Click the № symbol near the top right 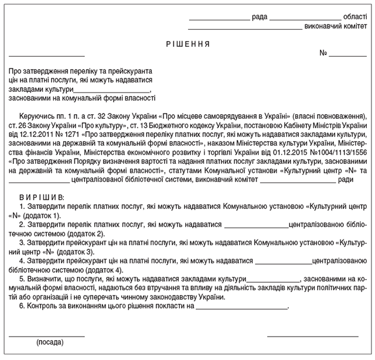[x=323, y=53]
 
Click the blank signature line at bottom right [x=312, y=335]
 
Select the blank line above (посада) [x=47, y=335]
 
